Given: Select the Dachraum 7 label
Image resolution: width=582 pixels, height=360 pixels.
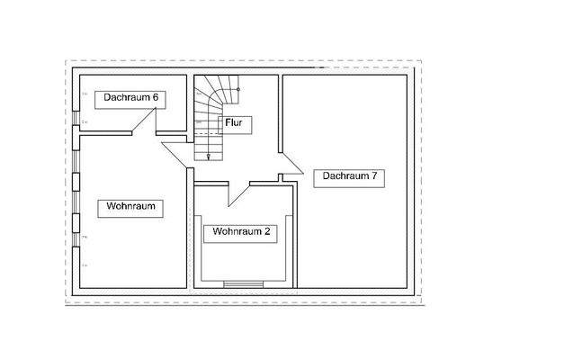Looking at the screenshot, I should point(349,177).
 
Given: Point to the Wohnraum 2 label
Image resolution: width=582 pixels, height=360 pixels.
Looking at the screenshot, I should point(242,231).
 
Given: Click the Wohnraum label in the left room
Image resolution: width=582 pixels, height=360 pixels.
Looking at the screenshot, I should point(131,206).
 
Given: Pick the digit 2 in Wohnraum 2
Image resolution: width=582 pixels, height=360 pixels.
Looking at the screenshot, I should point(268,231).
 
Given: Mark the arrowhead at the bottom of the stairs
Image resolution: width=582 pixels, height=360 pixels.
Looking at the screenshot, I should point(209,157).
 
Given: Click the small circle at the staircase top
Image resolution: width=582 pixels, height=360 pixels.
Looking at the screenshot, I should point(237,89).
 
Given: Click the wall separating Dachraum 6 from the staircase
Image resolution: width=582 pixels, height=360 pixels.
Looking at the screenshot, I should point(191,103).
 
